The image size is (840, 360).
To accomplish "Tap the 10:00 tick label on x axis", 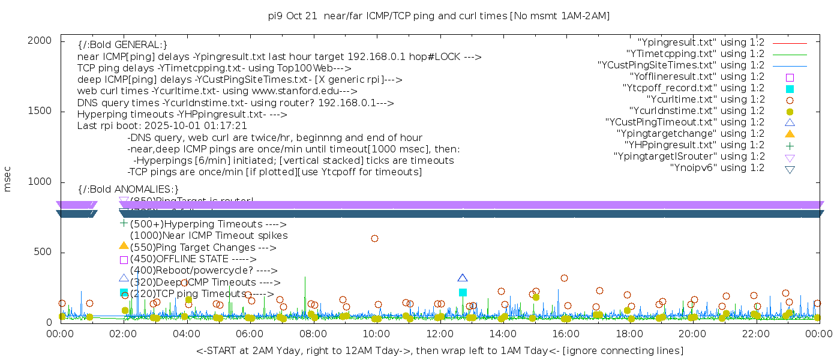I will pyautogui.click(x=376, y=334).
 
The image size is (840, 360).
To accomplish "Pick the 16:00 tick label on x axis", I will pyautogui.click(x=566, y=334).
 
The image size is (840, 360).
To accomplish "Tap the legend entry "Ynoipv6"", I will pyautogui.click(x=717, y=168).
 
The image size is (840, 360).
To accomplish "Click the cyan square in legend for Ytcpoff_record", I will pyautogui.click(x=790, y=89).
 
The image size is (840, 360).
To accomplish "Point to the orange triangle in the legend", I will pyautogui.click(x=790, y=134).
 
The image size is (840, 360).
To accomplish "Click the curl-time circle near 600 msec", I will pyautogui.click(x=374, y=238).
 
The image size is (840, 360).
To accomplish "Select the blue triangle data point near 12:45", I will pyautogui.click(x=463, y=278).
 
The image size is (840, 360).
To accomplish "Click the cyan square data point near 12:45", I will pyautogui.click(x=463, y=292).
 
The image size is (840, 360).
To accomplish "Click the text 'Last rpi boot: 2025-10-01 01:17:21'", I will pyautogui.click(x=162, y=126).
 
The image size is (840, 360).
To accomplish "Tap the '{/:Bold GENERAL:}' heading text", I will pyautogui.click(x=122, y=45).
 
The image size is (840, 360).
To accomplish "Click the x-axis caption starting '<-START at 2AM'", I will pyautogui.click(x=439, y=350).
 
